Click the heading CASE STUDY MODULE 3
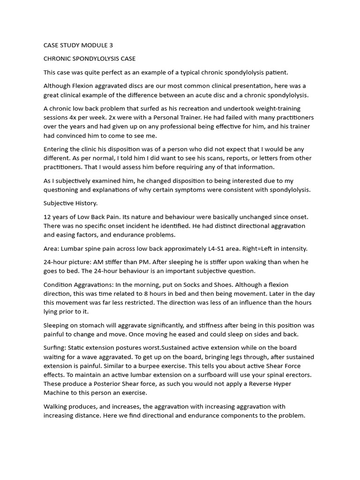(78, 45)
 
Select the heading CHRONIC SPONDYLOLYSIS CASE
(90, 59)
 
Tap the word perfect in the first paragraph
(106, 73)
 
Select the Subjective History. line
(70, 203)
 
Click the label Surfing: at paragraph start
(55, 348)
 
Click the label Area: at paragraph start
(52, 248)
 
